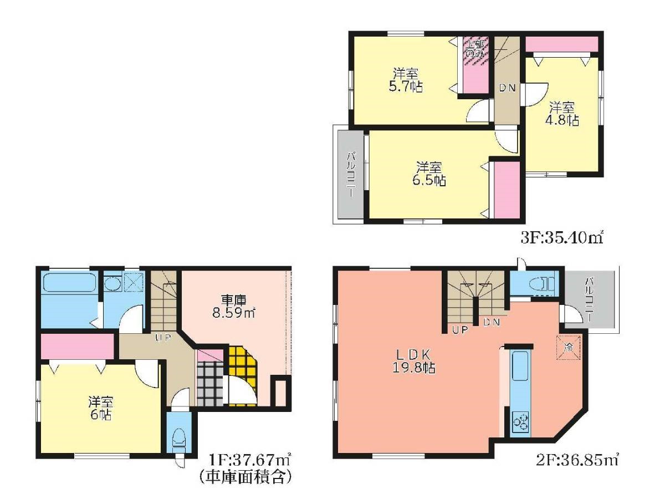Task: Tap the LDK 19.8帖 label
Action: point(414,361)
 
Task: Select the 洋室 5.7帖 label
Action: point(406,80)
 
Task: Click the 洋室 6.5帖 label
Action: point(428,174)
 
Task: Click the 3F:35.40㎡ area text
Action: point(560,238)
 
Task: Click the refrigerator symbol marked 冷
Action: point(569,347)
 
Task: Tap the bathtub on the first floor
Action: point(69,282)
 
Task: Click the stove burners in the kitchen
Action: point(520,422)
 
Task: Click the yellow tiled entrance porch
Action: point(242,375)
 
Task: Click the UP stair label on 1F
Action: point(163,338)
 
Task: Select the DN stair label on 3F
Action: point(508,88)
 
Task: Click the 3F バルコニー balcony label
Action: point(351,175)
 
